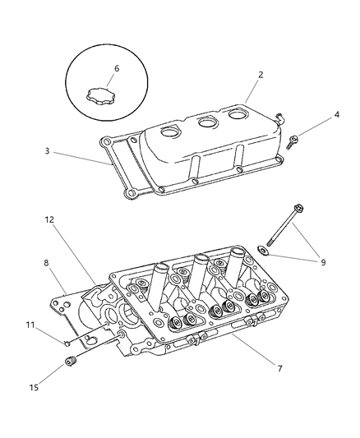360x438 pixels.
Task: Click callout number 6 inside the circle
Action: (117, 68)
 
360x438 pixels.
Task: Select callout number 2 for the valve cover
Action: (260, 75)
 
